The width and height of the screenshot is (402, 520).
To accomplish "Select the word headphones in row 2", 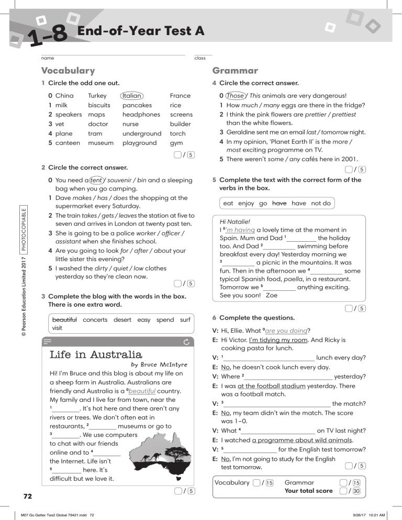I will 141,115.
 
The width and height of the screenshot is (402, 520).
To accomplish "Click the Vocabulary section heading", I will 68,71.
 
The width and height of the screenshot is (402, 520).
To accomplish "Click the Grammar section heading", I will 235,71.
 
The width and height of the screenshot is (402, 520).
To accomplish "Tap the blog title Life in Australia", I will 96,355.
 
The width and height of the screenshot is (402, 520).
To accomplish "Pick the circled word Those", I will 235,96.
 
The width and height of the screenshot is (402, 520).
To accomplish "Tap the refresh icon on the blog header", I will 186,342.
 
